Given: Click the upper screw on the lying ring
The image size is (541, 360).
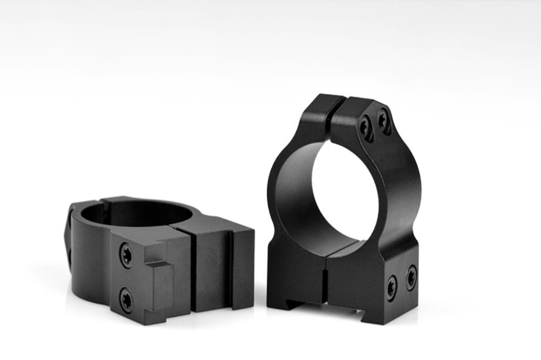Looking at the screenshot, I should (126, 255).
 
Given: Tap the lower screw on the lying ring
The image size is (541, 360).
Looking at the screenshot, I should (126, 300).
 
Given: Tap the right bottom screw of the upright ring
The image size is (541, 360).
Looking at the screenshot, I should (411, 277).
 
